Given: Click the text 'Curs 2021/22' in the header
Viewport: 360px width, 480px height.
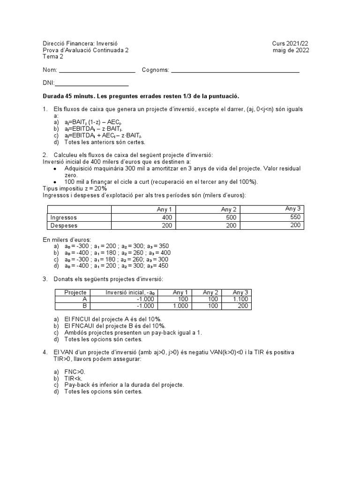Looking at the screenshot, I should tap(290, 44).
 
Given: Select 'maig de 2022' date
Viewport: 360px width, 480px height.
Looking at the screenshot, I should tap(291, 50).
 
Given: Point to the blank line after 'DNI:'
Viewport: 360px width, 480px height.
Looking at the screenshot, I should tap(92, 84).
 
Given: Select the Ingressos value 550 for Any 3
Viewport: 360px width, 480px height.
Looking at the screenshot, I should tap(295, 217).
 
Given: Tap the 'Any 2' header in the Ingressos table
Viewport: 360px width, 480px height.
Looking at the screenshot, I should tap(229, 210).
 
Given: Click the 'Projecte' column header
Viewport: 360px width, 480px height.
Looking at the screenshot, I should tap(75, 292).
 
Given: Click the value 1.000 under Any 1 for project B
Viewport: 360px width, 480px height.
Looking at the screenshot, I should tap(179, 306).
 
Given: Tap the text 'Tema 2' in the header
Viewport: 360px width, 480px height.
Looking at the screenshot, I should tap(52, 57).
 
